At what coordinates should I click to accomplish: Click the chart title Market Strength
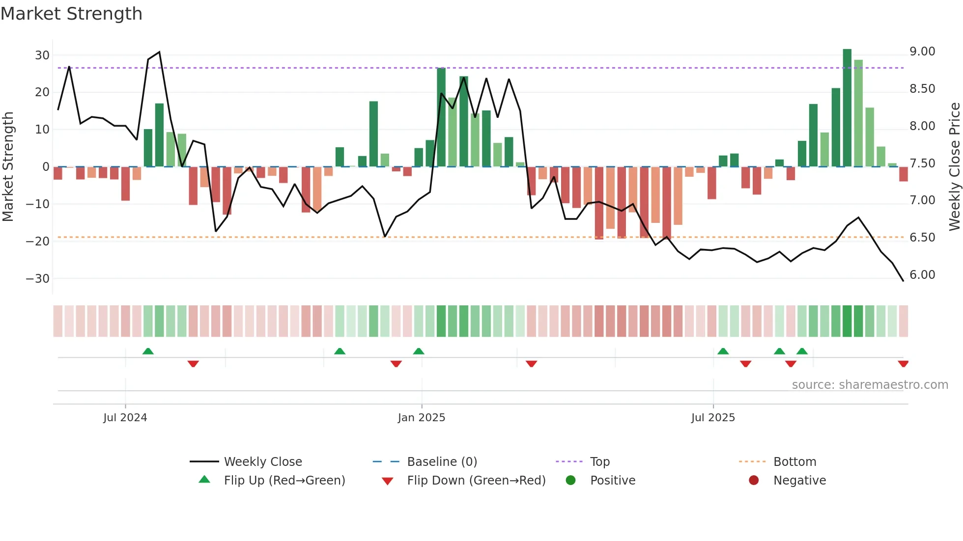click(71, 14)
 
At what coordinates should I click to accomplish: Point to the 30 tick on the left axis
click(42, 55)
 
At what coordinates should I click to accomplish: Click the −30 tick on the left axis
click(38, 279)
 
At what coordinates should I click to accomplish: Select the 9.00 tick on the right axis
click(922, 52)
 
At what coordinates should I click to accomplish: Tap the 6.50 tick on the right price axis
click(922, 238)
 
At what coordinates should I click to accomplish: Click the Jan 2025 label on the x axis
click(422, 418)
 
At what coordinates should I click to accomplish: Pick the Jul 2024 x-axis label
click(125, 418)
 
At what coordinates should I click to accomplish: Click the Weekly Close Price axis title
click(954, 166)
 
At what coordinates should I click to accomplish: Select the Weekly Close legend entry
click(263, 462)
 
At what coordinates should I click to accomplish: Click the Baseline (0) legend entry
click(442, 462)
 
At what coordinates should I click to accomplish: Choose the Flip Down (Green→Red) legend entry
click(476, 481)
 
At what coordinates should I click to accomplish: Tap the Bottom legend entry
click(794, 462)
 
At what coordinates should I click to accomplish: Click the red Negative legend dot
click(754, 481)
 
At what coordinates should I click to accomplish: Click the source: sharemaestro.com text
click(870, 385)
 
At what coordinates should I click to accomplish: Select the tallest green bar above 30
click(847, 108)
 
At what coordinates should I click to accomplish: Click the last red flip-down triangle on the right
click(903, 364)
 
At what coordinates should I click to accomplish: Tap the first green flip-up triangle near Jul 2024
click(148, 351)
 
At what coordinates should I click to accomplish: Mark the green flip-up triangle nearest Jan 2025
click(419, 351)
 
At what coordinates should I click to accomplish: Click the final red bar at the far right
click(904, 174)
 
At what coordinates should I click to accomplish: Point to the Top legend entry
click(599, 462)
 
